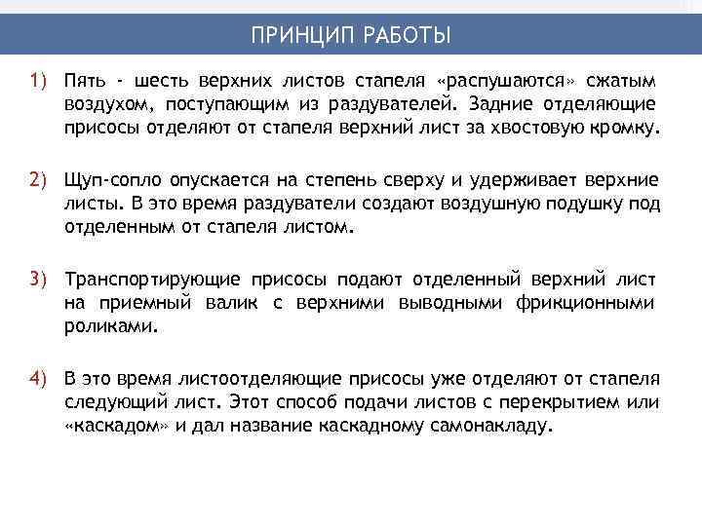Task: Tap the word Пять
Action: point(84,79)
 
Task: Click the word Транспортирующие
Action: point(143,281)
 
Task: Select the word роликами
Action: point(109,329)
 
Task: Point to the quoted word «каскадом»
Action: point(116,427)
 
